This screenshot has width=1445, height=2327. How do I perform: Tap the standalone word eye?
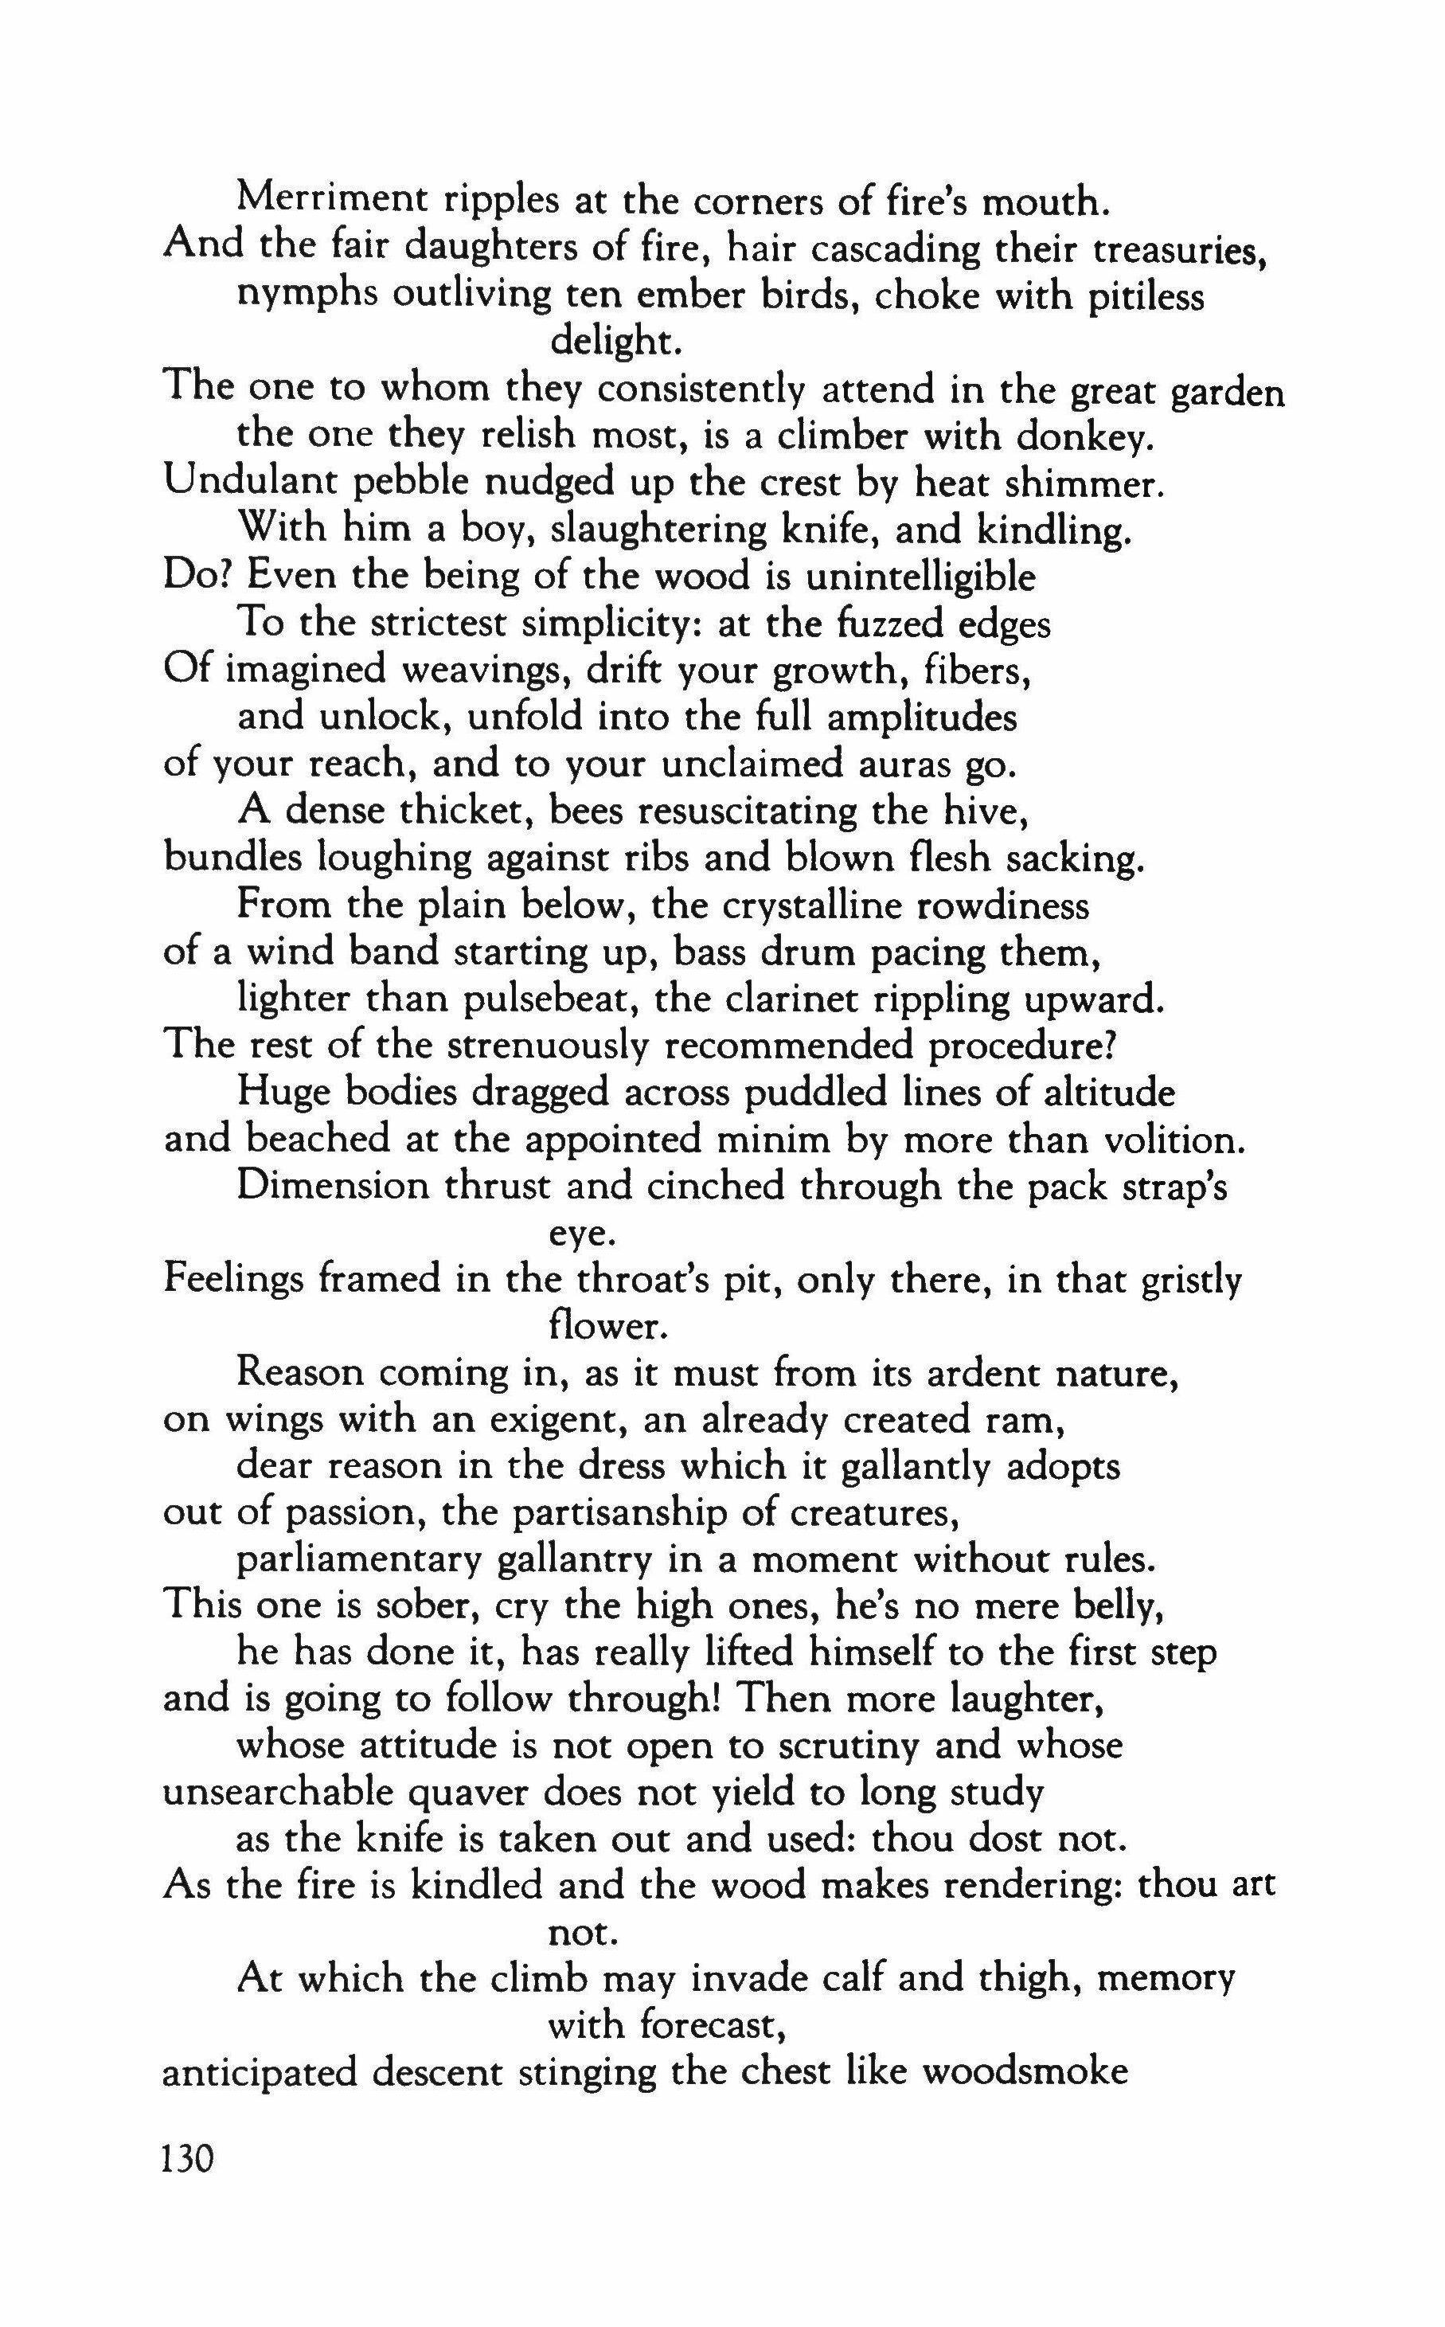coord(577,1234)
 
